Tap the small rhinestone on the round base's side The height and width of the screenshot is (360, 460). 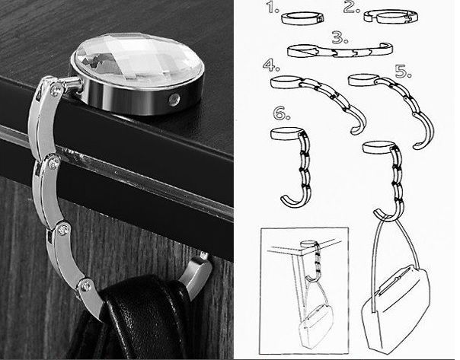point(174,99)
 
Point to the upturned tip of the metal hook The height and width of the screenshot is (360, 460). point(203,257)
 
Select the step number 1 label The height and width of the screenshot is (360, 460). point(273,8)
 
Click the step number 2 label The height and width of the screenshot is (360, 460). point(352,8)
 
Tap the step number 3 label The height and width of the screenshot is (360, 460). point(340,38)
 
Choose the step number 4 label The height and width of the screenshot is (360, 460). point(271,65)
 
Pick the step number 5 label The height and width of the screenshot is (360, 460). point(404,72)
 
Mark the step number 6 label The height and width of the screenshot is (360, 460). point(281,113)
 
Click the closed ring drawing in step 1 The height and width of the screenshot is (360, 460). point(303,18)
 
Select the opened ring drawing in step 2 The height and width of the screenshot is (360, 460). point(391,16)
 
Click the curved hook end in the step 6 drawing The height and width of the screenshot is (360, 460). point(293,202)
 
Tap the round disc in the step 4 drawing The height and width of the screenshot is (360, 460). point(286,81)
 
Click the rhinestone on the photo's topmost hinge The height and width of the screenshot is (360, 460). point(55,91)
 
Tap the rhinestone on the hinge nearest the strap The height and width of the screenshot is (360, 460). point(86,284)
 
